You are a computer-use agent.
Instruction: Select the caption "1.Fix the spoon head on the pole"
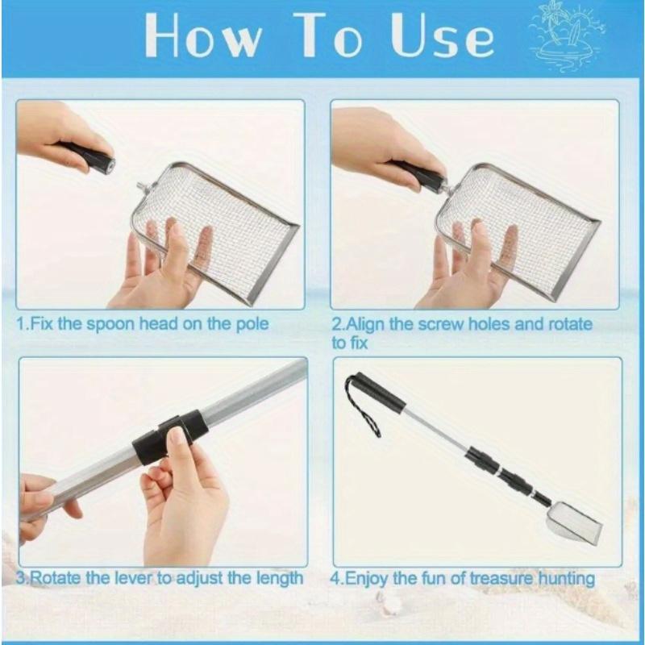143,324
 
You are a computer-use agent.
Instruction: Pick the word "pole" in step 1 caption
254,324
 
